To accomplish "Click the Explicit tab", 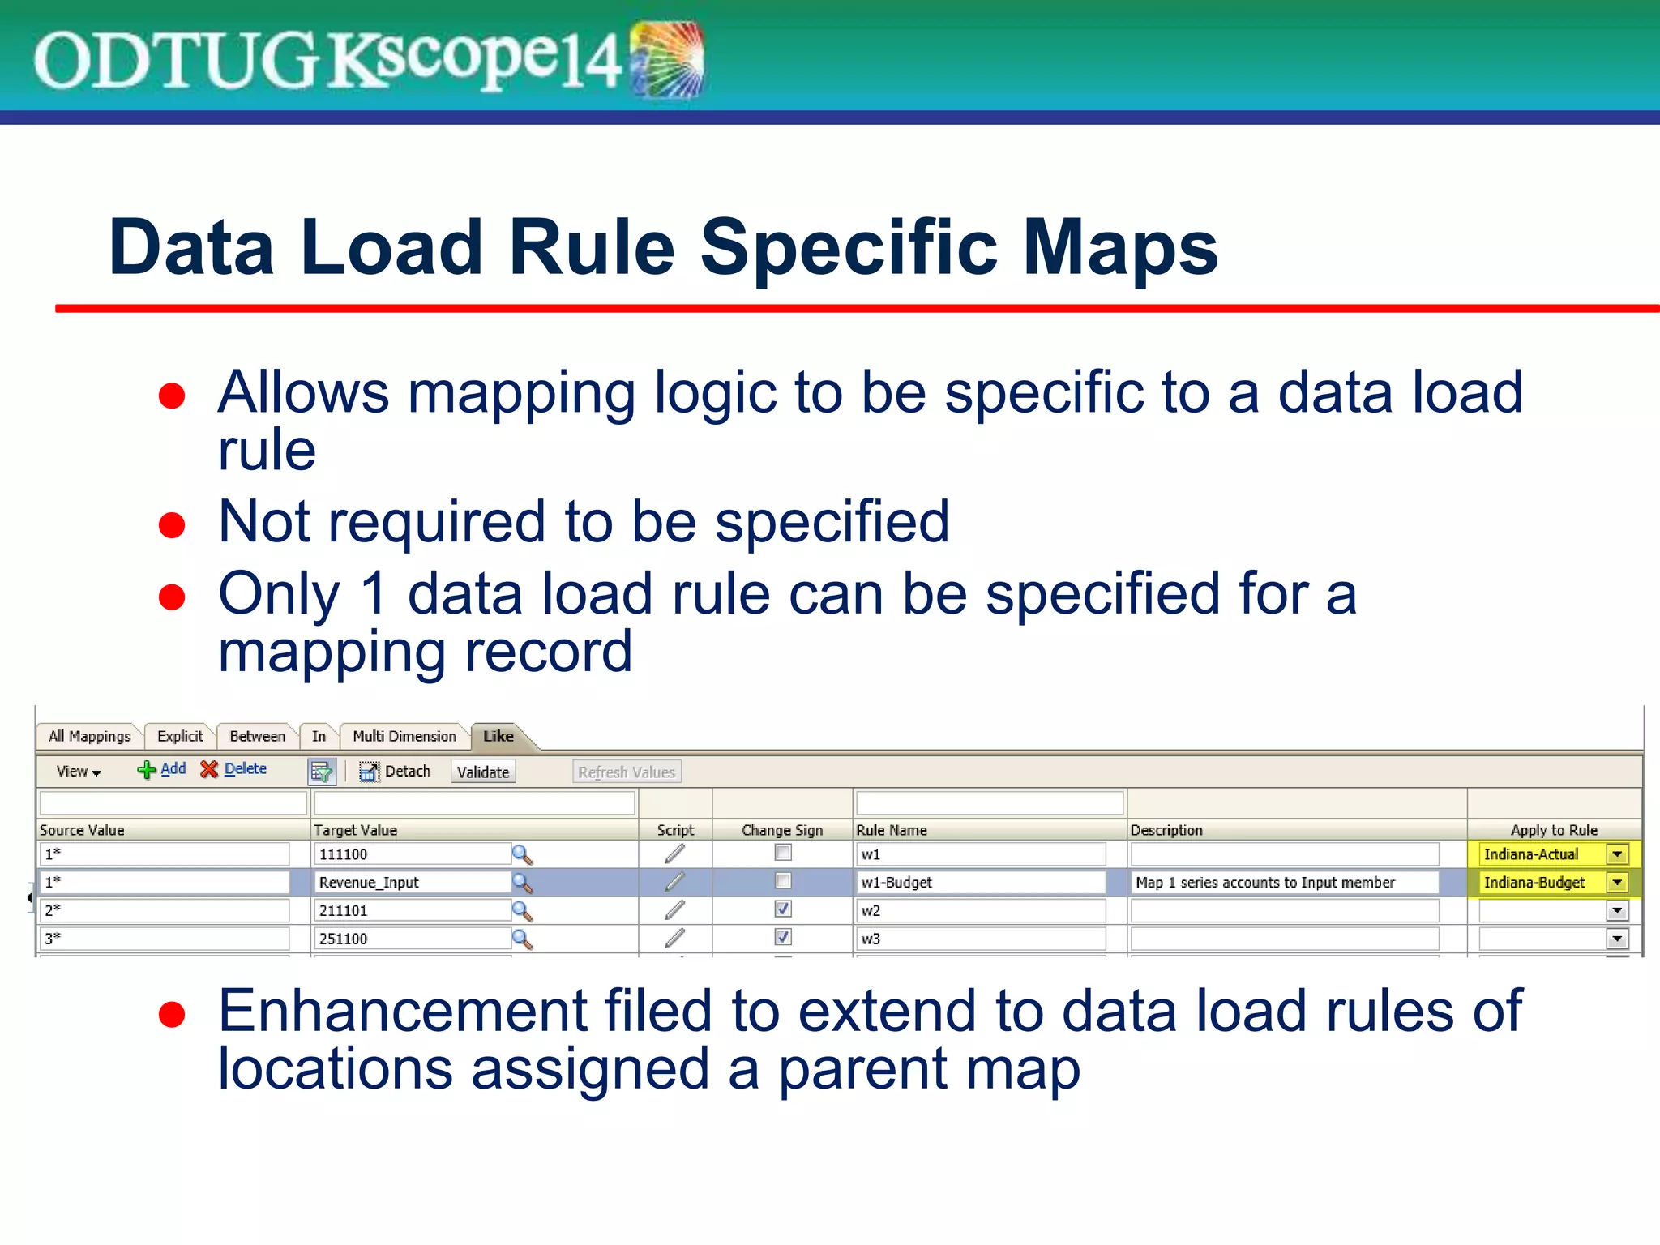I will click(x=180, y=736).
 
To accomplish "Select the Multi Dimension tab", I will click(x=404, y=736).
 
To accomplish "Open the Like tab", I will click(x=498, y=736).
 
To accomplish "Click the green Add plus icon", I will click(x=147, y=770).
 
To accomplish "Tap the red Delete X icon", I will click(x=209, y=769).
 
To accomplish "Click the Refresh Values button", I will click(x=627, y=772).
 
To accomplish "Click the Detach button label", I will click(x=407, y=771).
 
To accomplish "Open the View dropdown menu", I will click(x=79, y=772).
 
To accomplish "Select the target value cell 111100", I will click(x=412, y=854).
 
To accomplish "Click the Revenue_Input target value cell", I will click(x=412, y=883).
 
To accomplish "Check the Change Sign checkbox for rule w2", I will click(x=783, y=909).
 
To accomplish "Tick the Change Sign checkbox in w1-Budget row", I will click(x=783, y=881).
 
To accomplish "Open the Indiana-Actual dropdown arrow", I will click(x=1617, y=854).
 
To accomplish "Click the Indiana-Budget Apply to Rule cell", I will click(x=1540, y=883).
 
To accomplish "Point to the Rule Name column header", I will click(x=892, y=830).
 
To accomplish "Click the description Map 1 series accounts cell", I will click(x=1284, y=883).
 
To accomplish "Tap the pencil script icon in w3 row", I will click(x=674, y=939).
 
